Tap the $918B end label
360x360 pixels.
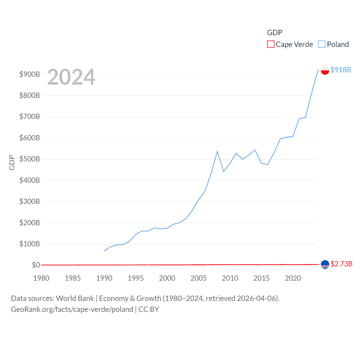(341, 70)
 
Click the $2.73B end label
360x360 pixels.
(341, 264)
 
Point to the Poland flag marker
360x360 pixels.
(325, 70)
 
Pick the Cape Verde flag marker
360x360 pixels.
(325, 264)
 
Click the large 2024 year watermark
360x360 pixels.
(71, 77)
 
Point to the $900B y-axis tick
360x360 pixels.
(30, 74)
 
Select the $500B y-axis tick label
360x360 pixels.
(30, 159)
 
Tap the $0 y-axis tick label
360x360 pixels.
(36, 265)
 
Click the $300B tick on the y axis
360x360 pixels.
(30, 201)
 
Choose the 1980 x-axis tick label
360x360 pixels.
(41, 278)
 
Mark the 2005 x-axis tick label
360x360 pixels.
(199, 278)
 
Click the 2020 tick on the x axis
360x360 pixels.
(293, 278)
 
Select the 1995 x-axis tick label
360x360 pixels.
(136, 278)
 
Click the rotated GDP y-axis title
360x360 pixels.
(12, 163)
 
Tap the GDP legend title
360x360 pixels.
(274, 33)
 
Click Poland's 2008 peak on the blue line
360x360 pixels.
(217, 152)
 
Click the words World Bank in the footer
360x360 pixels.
(75, 298)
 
